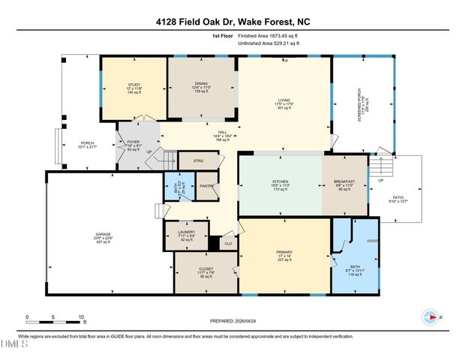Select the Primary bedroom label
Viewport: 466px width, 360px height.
(x=285, y=256)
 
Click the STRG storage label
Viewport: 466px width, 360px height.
(x=199, y=160)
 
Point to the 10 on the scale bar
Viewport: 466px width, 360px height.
(x=82, y=317)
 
